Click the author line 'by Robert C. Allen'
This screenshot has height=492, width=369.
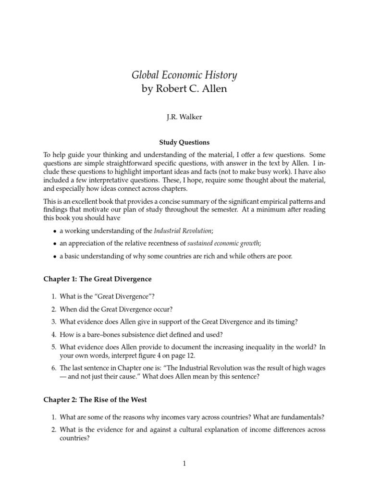(184, 90)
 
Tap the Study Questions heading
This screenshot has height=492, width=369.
(184, 142)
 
